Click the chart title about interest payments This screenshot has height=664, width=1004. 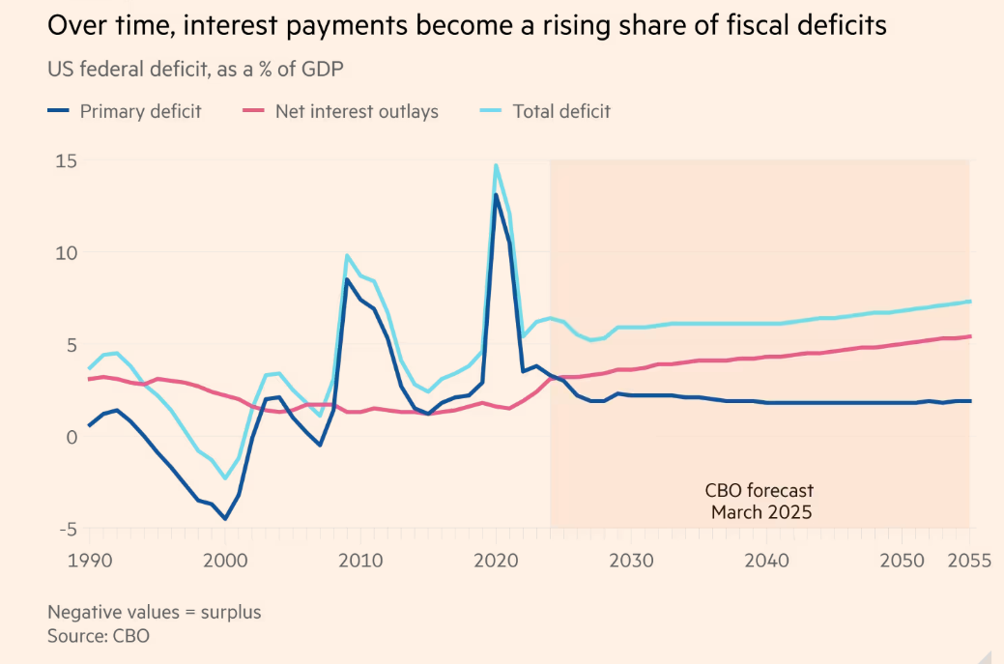click(467, 26)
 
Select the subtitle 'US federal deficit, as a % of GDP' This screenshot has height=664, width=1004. click(196, 69)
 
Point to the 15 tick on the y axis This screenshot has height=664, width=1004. click(65, 160)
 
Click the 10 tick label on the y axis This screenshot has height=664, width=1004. click(65, 252)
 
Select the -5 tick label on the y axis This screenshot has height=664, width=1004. click(68, 529)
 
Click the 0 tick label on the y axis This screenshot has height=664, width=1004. click(71, 437)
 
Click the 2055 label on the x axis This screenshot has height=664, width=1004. click(967, 560)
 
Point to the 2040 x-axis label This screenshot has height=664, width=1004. click(767, 560)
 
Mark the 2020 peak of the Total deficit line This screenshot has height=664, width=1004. click(496, 165)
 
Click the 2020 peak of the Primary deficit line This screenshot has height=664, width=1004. click(496, 195)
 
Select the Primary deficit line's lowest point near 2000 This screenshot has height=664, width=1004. click(225, 519)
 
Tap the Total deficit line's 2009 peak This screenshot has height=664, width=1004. click(347, 255)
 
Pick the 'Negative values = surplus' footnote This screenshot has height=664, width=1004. click(155, 612)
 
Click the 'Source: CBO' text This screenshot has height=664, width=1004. click(99, 636)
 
